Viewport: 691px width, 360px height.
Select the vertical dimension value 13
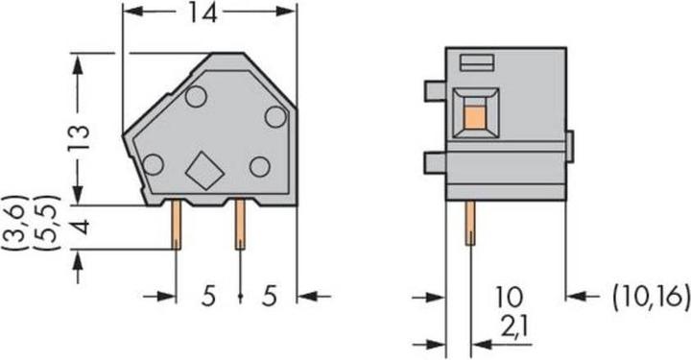pos(84,137)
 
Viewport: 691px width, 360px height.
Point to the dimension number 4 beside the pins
pos(84,228)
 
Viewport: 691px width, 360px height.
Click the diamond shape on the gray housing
pos(204,171)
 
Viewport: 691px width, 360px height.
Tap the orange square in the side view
pos(472,119)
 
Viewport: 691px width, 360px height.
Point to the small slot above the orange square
pos(474,64)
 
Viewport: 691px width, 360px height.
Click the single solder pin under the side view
pos(470,223)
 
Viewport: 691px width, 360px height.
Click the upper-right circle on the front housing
pos(274,117)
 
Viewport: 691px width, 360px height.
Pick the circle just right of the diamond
pos(259,166)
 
